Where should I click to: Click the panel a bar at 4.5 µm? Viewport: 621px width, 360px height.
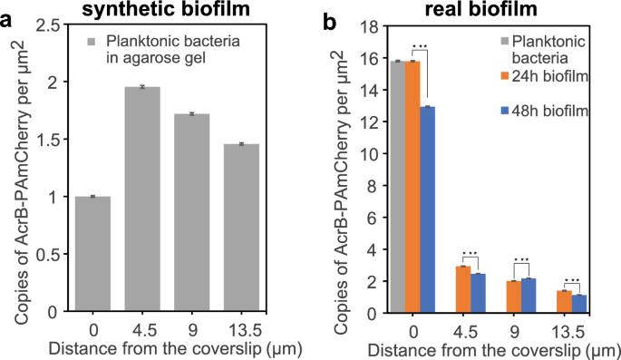[x=141, y=199]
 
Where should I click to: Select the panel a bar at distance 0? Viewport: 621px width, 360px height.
[x=92, y=253]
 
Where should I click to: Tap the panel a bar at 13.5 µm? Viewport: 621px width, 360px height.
[x=240, y=227]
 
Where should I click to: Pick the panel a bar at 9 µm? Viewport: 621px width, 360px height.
[x=190, y=212]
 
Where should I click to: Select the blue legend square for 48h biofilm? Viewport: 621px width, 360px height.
[x=500, y=111]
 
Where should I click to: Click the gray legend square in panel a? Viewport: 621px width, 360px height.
[x=91, y=41]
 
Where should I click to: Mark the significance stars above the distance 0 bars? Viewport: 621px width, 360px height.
[x=420, y=47]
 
